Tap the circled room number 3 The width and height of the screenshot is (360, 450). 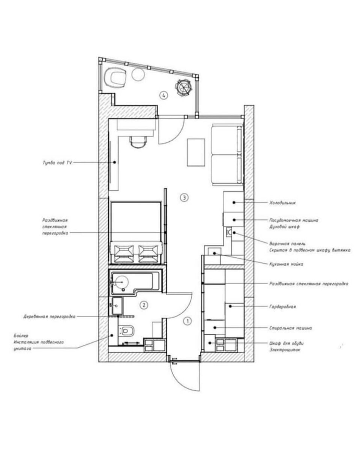click(184, 197)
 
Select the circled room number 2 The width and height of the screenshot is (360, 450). click(144, 305)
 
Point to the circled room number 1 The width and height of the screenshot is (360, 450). click(187, 321)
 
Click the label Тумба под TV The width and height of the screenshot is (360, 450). click(57, 163)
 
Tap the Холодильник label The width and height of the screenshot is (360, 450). click(282, 202)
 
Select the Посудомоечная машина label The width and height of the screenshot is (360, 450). click(294, 220)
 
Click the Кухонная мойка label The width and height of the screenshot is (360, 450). click(286, 264)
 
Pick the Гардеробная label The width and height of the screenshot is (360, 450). click(282, 306)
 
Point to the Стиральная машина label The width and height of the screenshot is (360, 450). click(290, 328)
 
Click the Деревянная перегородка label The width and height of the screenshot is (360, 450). click(49, 316)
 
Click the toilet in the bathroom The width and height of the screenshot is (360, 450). click(126, 331)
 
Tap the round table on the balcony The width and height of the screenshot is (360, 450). click(138, 75)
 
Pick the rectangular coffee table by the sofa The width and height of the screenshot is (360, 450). click(196, 152)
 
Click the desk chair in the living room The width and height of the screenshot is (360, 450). click(138, 142)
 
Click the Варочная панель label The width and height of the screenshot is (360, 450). click(287, 244)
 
